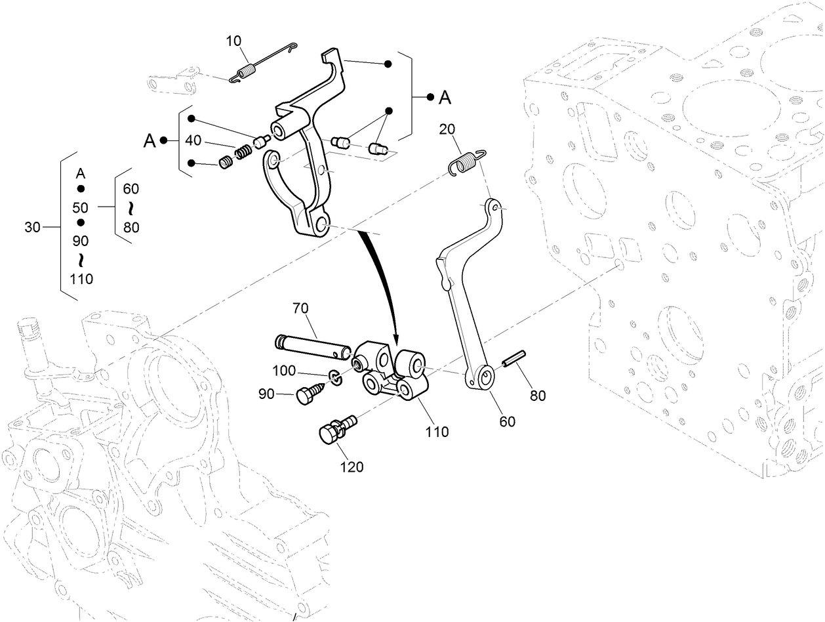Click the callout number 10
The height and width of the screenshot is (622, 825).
click(233, 41)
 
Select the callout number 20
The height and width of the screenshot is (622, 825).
click(447, 129)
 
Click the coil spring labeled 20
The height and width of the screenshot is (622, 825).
click(466, 161)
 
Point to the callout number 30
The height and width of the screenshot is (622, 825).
click(33, 228)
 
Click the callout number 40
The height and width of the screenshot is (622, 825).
click(193, 140)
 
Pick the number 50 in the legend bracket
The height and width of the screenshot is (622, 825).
click(81, 207)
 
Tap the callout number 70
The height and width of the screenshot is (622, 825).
click(301, 308)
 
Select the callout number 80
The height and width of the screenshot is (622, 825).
click(538, 396)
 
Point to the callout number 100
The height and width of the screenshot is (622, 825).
click(284, 371)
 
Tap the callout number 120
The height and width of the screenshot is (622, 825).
click(352, 467)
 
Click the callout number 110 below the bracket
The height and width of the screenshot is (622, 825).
click(437, 432)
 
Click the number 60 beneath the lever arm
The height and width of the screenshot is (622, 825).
click(508, 421)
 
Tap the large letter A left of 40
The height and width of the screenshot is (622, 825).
click(150, 140)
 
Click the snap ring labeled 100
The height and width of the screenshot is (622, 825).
click(334, 377)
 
